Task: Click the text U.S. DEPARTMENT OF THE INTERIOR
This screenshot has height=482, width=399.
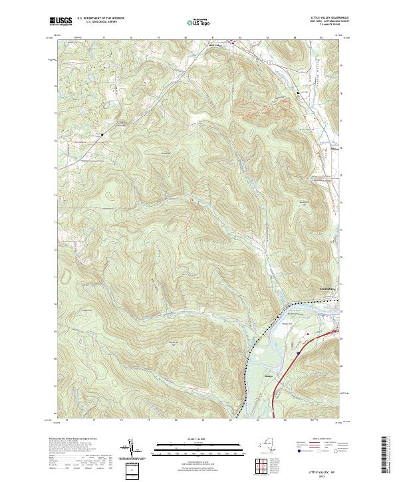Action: [x=100, y=19]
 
